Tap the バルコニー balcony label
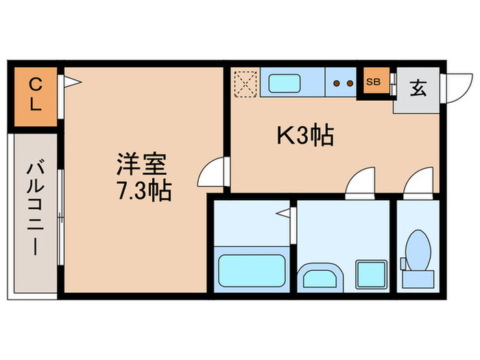click(34, 208)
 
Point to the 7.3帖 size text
click(143, 189)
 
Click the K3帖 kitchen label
click(304, 136)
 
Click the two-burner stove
click(341, 83)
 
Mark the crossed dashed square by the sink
click(245, 83)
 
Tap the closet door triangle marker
click(73, 84)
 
